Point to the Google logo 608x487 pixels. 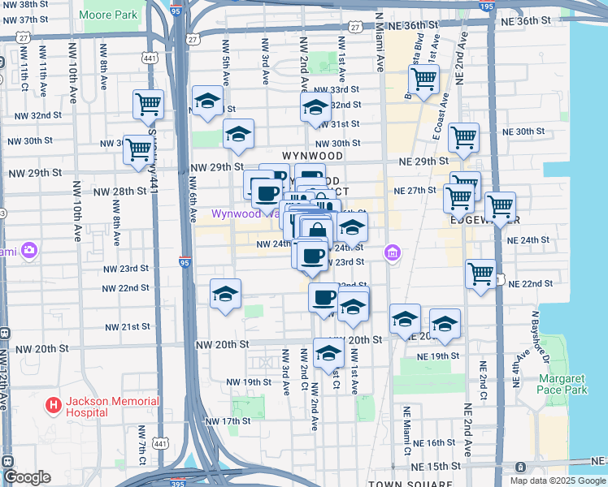pyautogui.click(x=28, y=478)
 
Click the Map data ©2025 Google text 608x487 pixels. pyautogui.click(x=557, y=481)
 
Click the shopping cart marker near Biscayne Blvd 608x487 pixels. pyautogui.click(x=423, y=80)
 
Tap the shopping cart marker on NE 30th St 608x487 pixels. pyautogui.click(x=463, y=137)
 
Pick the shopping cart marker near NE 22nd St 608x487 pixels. pyautogui.click(x=481, y=273)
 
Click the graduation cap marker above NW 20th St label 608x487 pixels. pyautogui.click(x=328, y=353)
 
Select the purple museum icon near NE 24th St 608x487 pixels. pyautogui.click(x=393, y=253)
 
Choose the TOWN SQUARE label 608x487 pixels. pyautogui.click(x=393, y=484)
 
